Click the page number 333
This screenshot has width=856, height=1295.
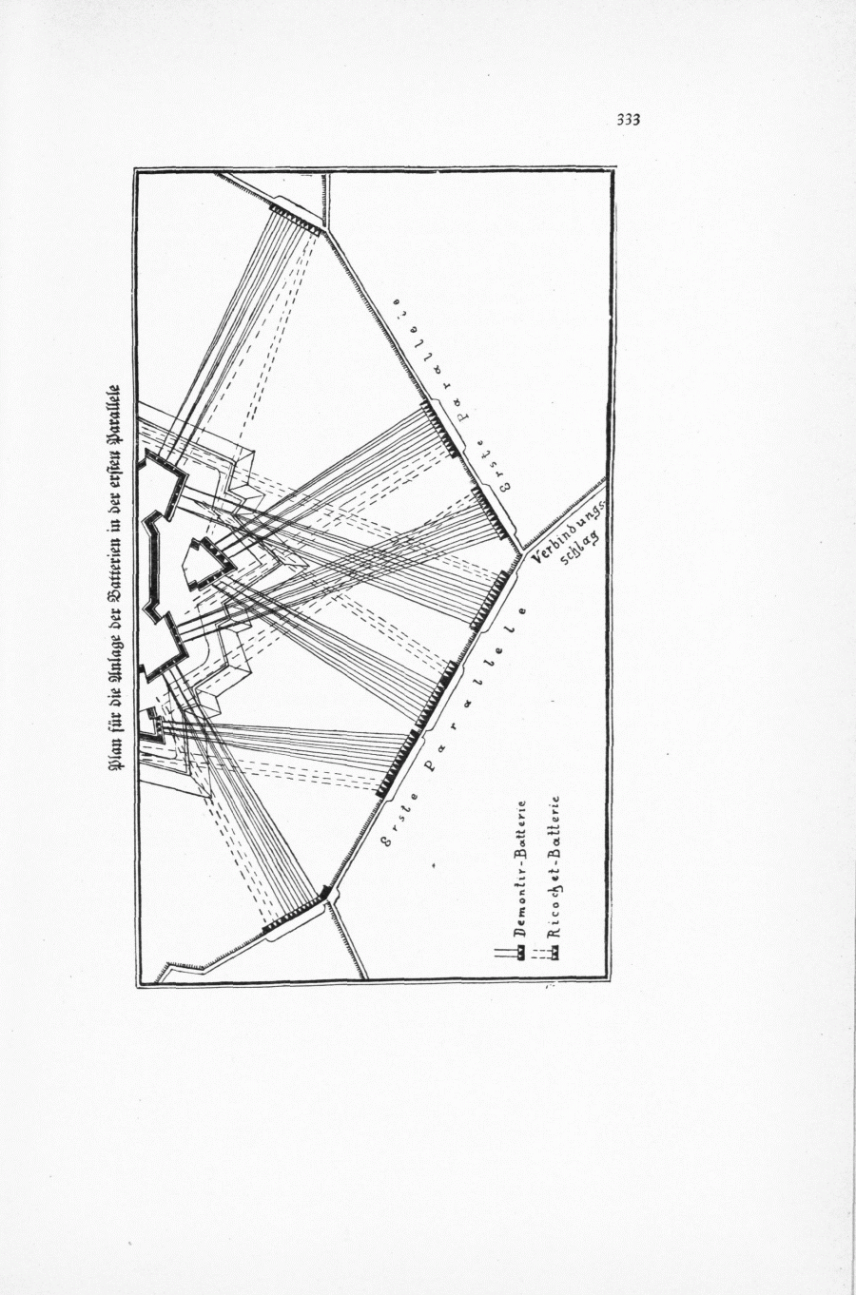point(628,120)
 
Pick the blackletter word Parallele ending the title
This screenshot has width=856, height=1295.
point(116,403)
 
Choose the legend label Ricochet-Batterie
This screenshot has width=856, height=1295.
point(554,867)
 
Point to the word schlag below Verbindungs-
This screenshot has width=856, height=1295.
point(581,550)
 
